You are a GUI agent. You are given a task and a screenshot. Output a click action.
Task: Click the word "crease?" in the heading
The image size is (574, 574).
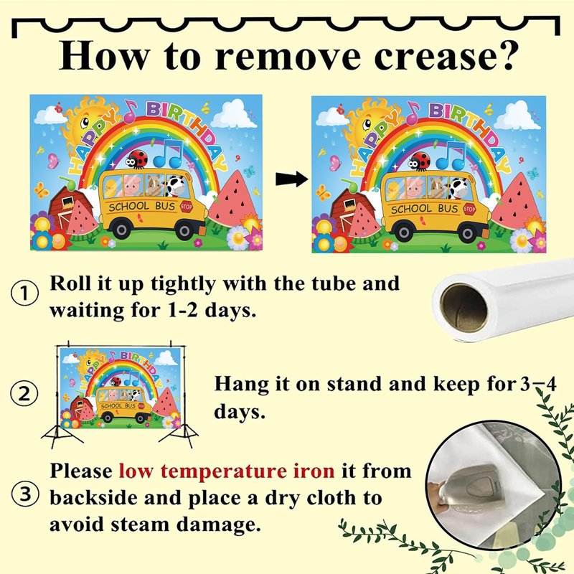click(444, 56)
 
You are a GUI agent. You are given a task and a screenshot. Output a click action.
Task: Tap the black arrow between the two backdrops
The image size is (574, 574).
click(292, 179)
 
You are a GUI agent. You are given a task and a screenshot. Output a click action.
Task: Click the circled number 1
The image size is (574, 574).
click(24, 293)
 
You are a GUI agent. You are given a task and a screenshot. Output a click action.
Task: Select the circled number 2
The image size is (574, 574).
click(24, 394)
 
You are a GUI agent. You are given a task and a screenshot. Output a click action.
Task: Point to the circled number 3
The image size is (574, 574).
click(25, 494)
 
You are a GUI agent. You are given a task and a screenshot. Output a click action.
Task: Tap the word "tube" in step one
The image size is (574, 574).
click(334, 283)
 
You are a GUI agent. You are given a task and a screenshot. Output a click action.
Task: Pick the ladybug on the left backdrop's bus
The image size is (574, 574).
click(137, 159)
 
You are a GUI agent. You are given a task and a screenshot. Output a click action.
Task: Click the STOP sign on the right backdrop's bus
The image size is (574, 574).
click(469, 210)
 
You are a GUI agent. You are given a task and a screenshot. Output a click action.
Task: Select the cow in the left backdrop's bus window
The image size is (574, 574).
click(176, 185)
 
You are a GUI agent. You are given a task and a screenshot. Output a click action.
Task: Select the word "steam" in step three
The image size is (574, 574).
click(141, 524)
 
